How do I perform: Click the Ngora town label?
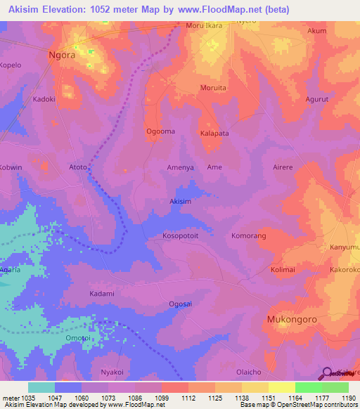tap(61, 54)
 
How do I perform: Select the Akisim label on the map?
tap(181, 202)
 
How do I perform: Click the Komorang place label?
tap(249, 236)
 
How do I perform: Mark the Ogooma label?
tap(160, 131)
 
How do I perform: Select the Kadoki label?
tap(44, 100)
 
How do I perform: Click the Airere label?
tap(285, 167)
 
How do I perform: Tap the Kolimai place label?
tap(285, 269)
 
